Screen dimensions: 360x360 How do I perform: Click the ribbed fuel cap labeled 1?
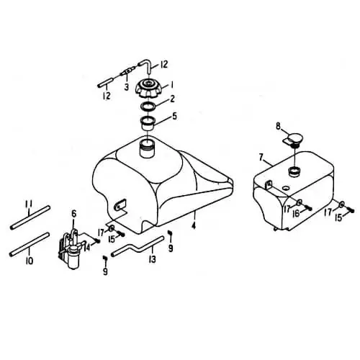148,89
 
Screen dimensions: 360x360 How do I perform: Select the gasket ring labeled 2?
148,107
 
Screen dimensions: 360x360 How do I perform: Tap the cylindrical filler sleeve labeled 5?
148,123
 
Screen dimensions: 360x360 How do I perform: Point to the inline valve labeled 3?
127,71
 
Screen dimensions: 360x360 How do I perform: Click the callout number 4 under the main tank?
194,225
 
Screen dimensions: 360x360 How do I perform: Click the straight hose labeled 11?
30,217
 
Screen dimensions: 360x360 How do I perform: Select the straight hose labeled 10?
30,244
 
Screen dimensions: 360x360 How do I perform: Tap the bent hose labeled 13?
138,247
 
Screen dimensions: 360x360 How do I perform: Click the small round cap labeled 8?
294,140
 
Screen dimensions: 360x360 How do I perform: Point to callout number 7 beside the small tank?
261,158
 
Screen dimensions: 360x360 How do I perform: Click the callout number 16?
297,213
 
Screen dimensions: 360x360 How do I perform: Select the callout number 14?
87,247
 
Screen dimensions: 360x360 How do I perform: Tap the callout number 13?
153,259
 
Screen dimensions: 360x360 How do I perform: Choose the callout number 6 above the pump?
73,213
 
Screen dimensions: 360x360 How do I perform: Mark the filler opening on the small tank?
294,171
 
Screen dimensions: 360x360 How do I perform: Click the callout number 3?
127,87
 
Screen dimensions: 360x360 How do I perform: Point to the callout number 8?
278,126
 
